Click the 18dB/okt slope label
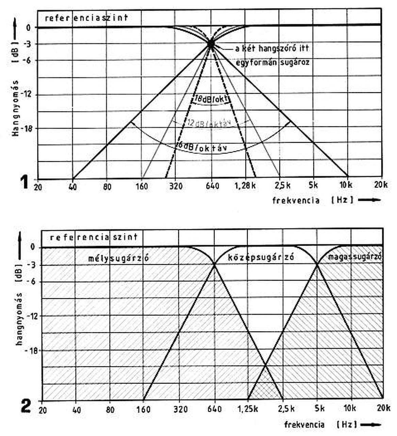[x=211, y=99]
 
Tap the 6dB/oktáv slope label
[x=201, y=147]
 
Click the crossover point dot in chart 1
[x=211, y=44]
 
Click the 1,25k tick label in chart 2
[x=247, y=409]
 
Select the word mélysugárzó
[x=118, y=258]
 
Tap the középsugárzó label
[x=261, y=257]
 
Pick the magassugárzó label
[x=355, y=257]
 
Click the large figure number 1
[x=24, y=183]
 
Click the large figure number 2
[x=26, y=406]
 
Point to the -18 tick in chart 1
[x=29, y=128]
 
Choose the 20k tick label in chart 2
[x=383, y=409]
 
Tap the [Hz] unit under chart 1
[x=342, y=200]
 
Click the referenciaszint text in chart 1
[x=86, y=17]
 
